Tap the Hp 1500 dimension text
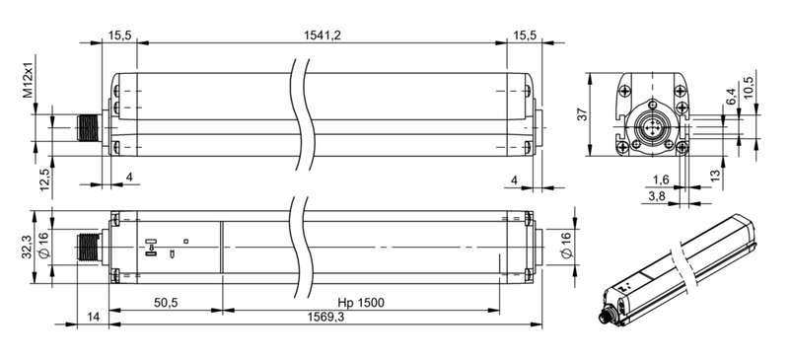click(x=360, y=302)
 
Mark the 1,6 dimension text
click(x=661, y=180)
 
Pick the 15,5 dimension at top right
click(x=524, y=36)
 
